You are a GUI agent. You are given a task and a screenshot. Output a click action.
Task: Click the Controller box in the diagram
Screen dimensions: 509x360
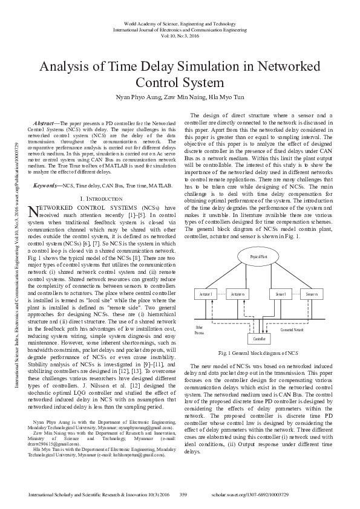pyautogui.click(x=259, y=340)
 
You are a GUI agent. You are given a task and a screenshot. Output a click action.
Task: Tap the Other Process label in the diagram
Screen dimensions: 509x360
pyautogui.click(x=199, y=329)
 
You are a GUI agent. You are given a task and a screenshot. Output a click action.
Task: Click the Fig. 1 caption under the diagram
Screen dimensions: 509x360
pyautogui.click(x=259, y=352)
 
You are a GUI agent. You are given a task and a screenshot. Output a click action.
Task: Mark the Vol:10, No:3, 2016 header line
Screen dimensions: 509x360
pyautogui.click(x=180, y=37)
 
